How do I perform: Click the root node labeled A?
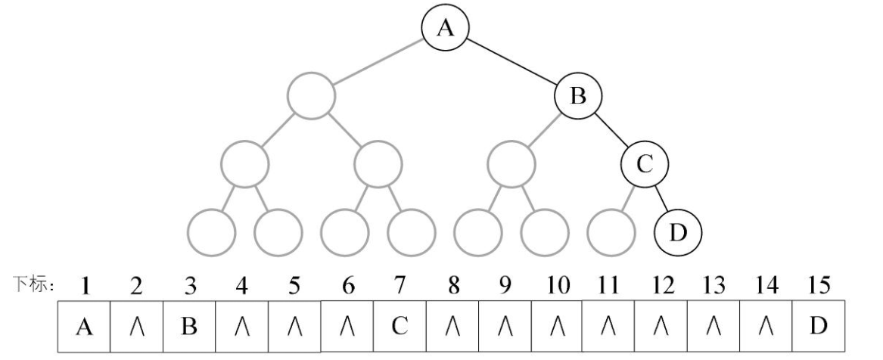(x=445, y=28)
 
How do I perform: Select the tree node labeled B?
(x=578, y=95)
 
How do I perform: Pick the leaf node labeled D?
(x=679, y=230)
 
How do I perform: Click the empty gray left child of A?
(x=311, y=95)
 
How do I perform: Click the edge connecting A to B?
(x=512, y=62)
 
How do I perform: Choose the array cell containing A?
(x=86, y=326)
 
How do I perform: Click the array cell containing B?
(x=191, y=326)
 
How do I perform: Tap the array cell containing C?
(x=400, y=326)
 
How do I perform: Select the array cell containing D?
(x=819, y=326)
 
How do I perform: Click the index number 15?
(x=819, y=287)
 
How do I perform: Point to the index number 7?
(x=400, y=287)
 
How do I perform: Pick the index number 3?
(x=191, y=287)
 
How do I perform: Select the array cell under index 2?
(x=138, y=326)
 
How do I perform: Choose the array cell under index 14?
(x=766, y=326)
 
